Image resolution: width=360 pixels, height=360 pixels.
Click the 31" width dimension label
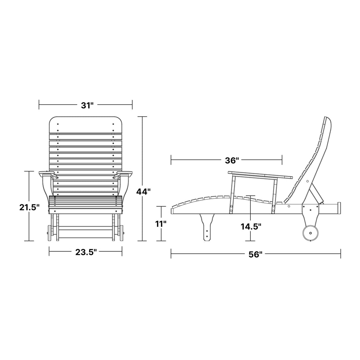pyautogui.click(x=87, y=105)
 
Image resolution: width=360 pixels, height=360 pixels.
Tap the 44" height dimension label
pyautogui.click(x=143, y=191)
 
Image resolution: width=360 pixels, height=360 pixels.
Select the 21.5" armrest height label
pyautogui.click(x=29, y=207)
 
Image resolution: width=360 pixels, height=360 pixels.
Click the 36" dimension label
pyautogui.click(x=232, y=160)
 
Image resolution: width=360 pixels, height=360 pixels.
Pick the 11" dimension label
pyautogui.click(x=161, y=224)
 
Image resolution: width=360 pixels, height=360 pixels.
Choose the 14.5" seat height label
pyautogui.click(x=251, y=227)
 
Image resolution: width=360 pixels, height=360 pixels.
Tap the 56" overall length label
pyautogui.click(x=256, y=254)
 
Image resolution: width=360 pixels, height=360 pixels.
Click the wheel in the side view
pyautogui.click(x=310, y=233)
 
